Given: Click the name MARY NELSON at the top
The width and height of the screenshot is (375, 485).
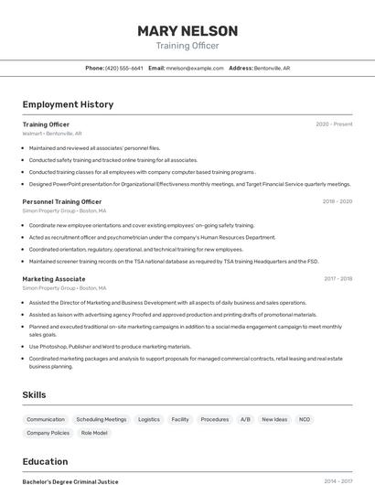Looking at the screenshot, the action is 187,31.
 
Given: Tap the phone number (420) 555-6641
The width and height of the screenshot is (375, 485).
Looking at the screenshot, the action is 124,68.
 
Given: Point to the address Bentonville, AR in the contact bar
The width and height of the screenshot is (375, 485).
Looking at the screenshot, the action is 272,68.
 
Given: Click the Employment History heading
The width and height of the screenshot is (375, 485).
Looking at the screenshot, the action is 68,104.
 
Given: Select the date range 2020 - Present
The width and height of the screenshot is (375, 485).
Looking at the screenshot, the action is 334,124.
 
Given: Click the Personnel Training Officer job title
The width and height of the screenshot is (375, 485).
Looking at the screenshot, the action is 62,201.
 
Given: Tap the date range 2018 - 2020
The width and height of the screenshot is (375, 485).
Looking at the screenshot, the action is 337,201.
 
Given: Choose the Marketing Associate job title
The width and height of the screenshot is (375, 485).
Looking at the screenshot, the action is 54,278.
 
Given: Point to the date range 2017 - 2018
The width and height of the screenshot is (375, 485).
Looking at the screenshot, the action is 337,278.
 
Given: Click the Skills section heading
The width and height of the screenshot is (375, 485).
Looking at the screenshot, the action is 35,394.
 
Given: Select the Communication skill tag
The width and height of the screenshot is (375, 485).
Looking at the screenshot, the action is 46,419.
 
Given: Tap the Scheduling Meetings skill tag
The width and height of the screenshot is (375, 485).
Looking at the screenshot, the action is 102,419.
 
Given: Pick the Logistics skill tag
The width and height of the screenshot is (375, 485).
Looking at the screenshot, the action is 149,419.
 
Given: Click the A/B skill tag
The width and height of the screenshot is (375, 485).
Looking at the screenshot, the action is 245,419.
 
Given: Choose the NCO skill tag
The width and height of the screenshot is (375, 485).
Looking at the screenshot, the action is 305,419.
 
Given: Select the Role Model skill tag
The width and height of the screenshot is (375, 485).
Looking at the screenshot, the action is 94,433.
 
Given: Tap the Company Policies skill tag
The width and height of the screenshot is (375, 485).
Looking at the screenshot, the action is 48,433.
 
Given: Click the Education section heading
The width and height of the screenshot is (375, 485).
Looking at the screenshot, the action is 45,461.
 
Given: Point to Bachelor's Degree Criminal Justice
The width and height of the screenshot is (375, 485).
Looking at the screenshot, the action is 70,481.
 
